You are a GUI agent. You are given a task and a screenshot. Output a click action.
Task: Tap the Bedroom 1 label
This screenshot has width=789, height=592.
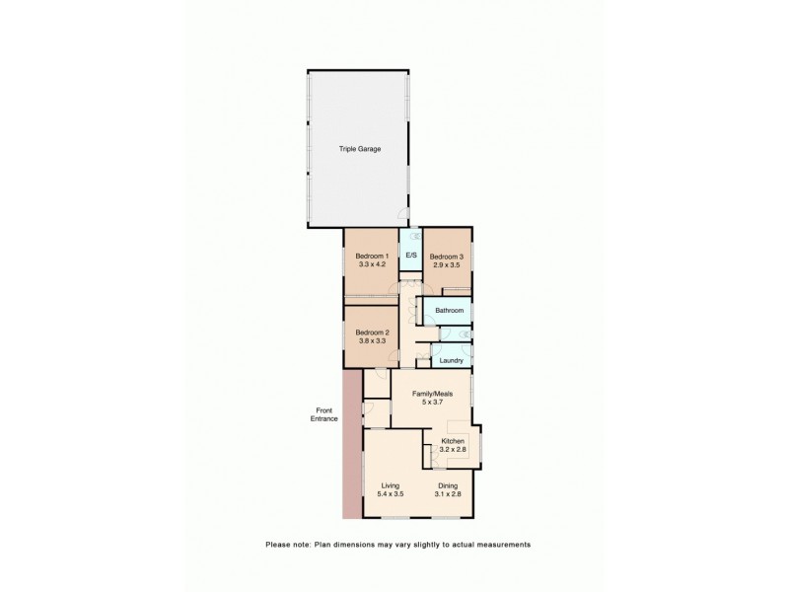coord(372,256)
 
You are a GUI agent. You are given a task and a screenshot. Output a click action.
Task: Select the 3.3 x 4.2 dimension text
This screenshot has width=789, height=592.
coord(372,264)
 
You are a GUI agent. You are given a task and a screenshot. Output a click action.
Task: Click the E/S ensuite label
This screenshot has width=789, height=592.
coord(411,256)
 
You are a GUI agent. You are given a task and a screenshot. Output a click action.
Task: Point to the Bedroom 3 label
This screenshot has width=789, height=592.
coord(446,256)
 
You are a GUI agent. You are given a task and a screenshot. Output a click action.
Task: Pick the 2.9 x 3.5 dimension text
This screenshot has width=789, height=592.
coord(446,264)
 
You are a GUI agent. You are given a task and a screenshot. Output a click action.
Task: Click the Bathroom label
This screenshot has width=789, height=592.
coord(450,310)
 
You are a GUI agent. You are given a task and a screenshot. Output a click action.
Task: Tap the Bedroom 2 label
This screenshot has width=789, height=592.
coord(372,332)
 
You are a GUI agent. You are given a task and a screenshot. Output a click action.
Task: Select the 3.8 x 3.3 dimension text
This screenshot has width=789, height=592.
coord(372,340)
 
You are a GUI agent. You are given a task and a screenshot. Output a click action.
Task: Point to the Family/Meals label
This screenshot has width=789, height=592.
coord(432,393)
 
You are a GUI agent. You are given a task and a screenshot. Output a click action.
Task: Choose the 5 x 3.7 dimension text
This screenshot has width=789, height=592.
coord(432,402)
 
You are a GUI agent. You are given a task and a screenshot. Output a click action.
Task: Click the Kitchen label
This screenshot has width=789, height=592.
coord(453,441)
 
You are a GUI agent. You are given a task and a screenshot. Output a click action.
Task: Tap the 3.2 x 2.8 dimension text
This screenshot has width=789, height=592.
coord(453,450)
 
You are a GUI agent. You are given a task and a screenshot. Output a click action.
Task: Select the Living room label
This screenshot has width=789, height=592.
coord(391,485)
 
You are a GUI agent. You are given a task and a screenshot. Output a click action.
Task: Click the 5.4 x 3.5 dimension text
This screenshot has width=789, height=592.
coord(391,494)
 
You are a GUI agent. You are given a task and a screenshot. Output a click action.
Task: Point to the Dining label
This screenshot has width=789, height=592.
coord(447,485)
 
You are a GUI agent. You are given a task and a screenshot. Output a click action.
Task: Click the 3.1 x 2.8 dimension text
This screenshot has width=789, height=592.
coord(447,494)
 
